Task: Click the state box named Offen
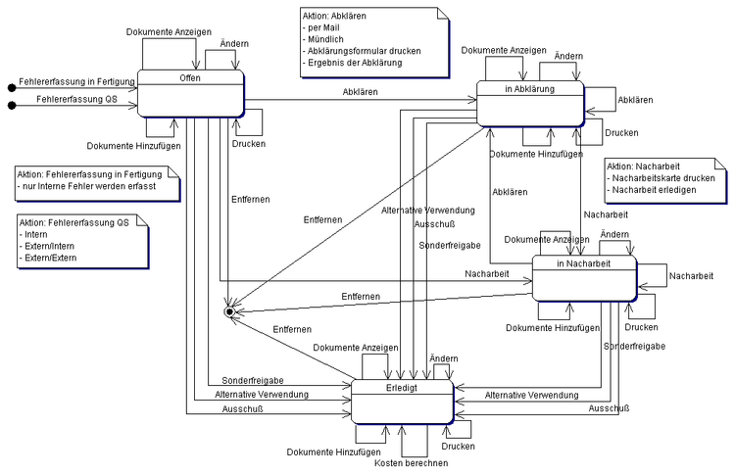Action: [190, 93]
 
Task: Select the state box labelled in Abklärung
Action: [530, 102]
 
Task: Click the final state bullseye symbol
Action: [230, 311]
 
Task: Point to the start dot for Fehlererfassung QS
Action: [12, 104]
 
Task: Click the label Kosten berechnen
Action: [411, 462]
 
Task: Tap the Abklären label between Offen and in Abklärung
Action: [361, 92]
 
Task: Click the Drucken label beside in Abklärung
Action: [621, 133]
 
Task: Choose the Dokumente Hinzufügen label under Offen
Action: [132, 146]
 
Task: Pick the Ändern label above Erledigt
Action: [444, 359]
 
